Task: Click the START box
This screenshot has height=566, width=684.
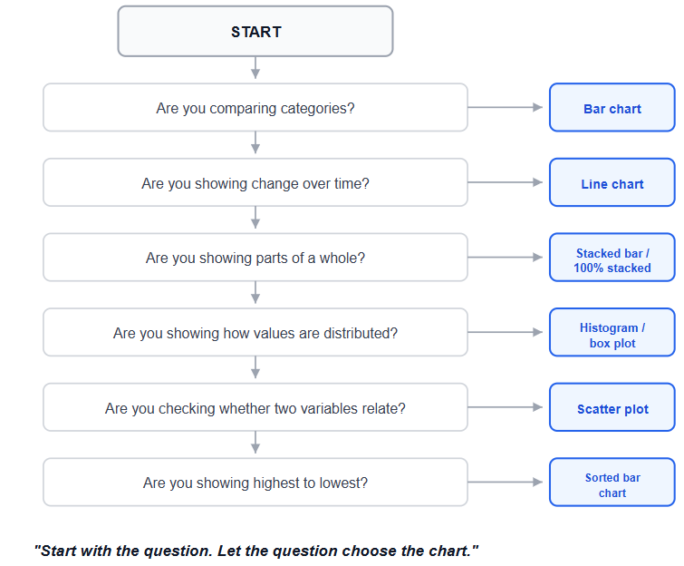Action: [x=255, y=32]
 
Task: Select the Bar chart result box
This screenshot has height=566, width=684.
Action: [x=612, y=107]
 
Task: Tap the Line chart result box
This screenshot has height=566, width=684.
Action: [x=612, y=182]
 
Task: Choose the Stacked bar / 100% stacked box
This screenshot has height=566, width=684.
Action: [x=612, y=258]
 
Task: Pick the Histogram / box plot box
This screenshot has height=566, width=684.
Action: [x=612, y=333]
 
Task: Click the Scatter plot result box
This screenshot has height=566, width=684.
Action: [x=612, y=407]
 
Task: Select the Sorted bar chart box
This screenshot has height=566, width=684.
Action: [x=612, y=483]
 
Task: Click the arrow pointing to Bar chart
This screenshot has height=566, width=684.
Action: [x=506, y=107]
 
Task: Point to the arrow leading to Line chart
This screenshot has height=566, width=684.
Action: [x=506, y=182]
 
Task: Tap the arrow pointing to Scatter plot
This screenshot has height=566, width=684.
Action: [x=506, y=407]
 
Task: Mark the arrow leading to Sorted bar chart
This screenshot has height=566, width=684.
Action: [x=506, y=483]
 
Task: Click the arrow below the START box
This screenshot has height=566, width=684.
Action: [x=255, y=68]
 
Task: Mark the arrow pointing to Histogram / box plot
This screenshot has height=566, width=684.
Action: [x=506, y=333]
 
